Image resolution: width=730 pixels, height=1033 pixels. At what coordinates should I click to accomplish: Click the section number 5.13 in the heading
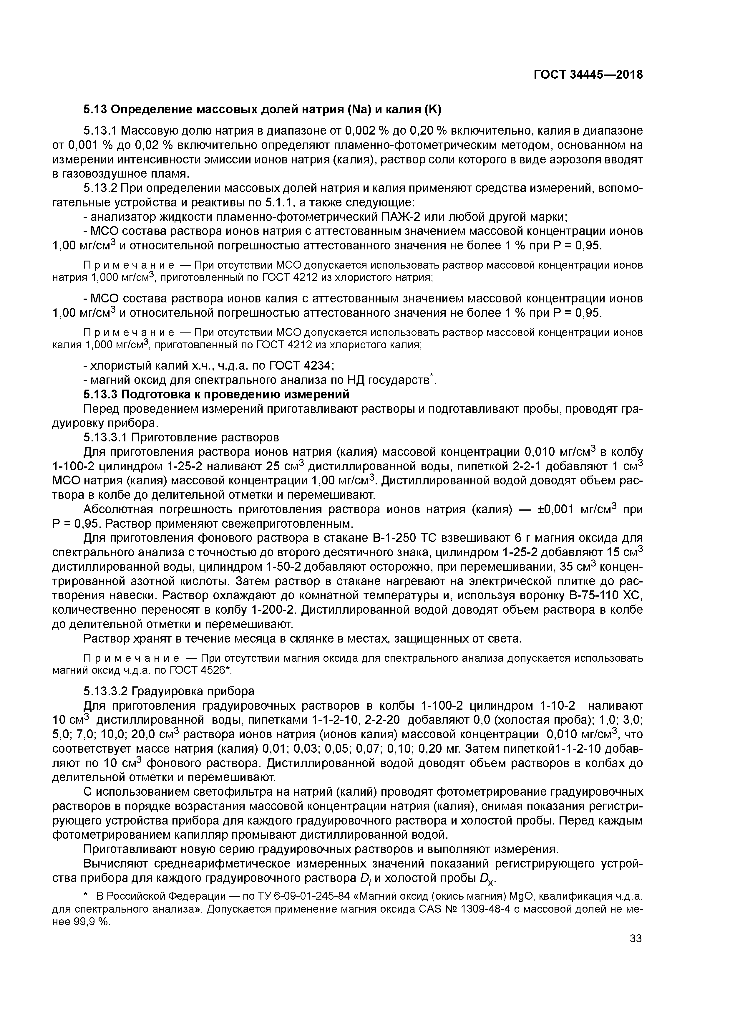click(95, 109)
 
